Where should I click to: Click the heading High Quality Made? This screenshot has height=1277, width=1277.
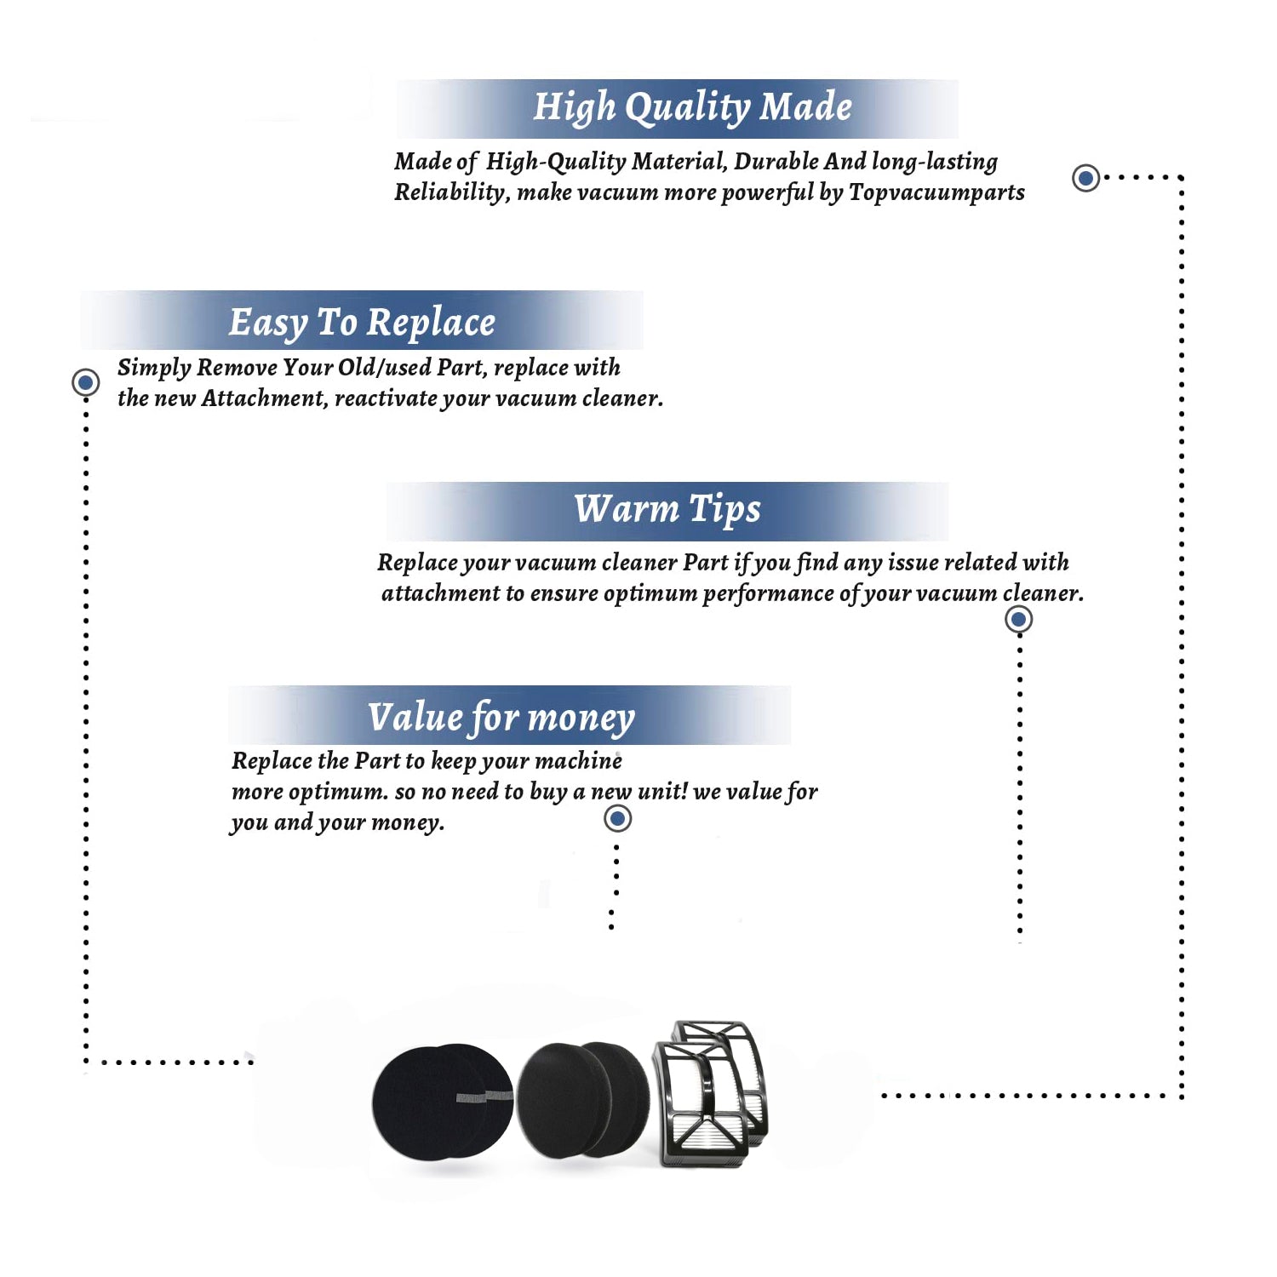pos(692,108)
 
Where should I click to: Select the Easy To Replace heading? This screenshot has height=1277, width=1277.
pos(362,323)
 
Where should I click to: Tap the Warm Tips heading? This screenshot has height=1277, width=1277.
pos(667,509)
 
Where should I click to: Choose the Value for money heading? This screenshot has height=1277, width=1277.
pos(501,718)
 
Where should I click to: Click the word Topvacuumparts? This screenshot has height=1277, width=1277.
pos(936,192)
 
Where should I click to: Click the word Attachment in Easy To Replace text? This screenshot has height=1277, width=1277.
pos(264,398)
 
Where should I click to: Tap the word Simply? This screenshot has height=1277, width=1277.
pos(154,368)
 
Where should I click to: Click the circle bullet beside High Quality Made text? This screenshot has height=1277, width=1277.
pos(1085,178)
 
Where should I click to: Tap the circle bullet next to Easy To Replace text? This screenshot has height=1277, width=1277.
pos(85,382)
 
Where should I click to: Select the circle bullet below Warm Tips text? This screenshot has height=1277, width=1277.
pos(1019,619)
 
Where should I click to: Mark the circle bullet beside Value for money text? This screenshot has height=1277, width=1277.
pos(617,819)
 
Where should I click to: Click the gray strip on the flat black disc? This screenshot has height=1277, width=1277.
pos(484,1096)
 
